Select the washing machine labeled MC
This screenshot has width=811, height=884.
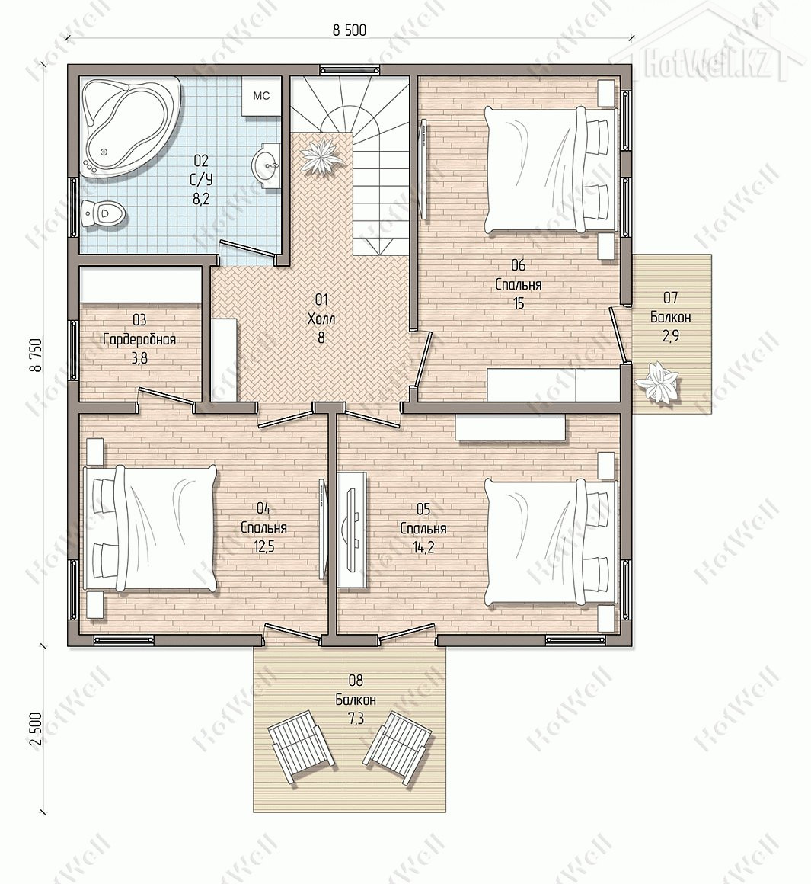coord(260,97)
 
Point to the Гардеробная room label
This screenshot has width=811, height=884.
coord(139,339)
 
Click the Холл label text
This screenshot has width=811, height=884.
coord(321,319)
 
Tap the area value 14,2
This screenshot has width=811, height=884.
coord(423,547)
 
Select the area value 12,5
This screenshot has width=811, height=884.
coord(263,547)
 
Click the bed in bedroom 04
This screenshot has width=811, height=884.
coord(150,528)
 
